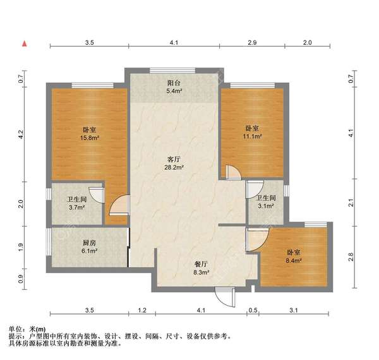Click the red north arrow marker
pos(24,44)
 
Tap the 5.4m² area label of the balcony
pos(174,91)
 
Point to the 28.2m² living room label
pos(174,168)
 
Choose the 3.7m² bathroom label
pos(76,206)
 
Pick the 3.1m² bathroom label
pos(266,205)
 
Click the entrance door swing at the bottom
pos(224,295)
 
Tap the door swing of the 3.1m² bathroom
pos(255,189)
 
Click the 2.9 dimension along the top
pos(252,42)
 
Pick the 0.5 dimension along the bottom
pos(254,310)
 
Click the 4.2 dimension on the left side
pos(21,135)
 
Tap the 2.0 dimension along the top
pos(307,42)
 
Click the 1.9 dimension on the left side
pos(21,247)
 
